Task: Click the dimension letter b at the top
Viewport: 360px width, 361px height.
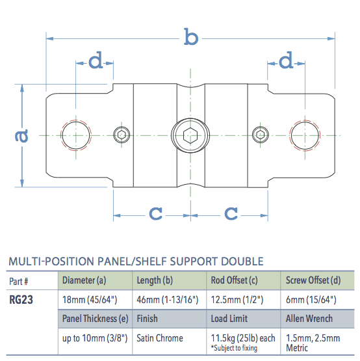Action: [x=190, y=38]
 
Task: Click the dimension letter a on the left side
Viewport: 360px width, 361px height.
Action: [x=21, y=135]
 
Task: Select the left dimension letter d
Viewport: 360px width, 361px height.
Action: [x=96, y=62]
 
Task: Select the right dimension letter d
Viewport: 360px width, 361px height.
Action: [x=287, y=62]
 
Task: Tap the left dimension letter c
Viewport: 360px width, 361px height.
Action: [x=155, y=213]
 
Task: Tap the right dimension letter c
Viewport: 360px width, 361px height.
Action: [x=231, y=213]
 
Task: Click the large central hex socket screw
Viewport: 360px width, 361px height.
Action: [x=190, y=135]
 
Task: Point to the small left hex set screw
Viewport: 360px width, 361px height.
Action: [x=121, y=135]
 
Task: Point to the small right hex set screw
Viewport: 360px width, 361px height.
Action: [x=261, y=135]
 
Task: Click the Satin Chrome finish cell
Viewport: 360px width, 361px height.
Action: [x=160, y=338]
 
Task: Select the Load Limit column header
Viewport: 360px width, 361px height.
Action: [x=231, y=319]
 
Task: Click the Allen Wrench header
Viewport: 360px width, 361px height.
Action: [x=310, y=319]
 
